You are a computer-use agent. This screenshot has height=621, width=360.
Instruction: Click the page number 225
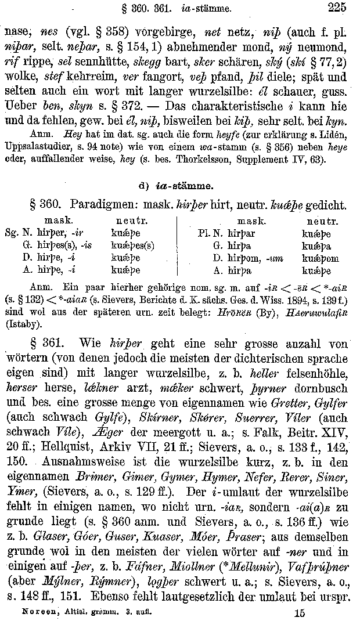(337, 8)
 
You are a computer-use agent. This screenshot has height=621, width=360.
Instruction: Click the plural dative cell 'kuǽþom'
(319, 259)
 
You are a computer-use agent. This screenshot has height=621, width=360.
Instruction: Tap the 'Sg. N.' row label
(16, 233)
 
